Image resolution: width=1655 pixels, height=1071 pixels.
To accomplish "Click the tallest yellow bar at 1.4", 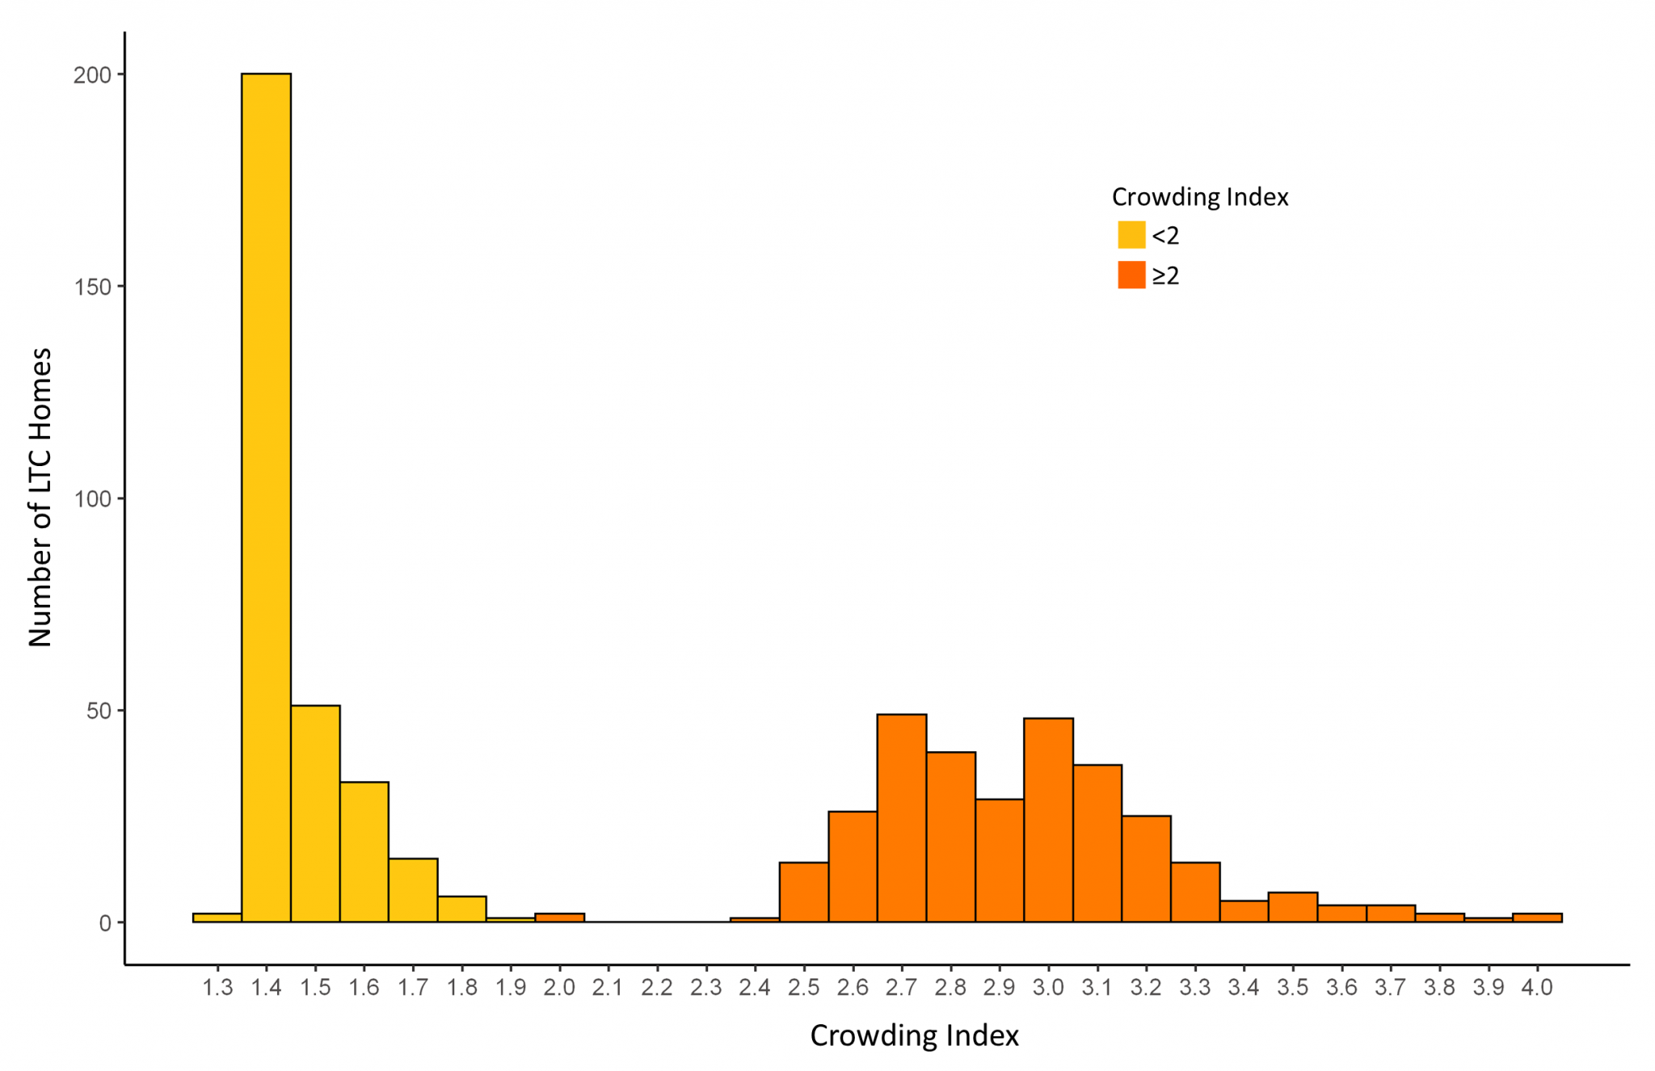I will pos(266,498).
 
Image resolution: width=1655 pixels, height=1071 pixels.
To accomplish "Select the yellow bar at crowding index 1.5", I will pos(315,814).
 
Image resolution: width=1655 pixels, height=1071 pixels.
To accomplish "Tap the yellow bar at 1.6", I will pos(364,852).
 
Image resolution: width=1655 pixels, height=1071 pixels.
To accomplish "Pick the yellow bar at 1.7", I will pos(413,890).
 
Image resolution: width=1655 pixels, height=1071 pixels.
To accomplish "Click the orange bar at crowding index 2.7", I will pos(902,818).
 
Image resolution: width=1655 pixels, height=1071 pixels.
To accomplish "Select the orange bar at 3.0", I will pos(1048,820).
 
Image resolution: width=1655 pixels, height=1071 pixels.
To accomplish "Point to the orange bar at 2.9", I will pos(1000,860).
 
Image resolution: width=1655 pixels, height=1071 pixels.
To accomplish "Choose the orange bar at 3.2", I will pos(1146,869).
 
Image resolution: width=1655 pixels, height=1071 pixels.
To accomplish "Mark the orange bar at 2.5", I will pos(803,892).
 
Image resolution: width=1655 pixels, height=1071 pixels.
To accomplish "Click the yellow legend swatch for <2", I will pos(1131,235).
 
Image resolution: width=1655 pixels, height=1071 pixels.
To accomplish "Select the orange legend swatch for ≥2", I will pos(1131,275).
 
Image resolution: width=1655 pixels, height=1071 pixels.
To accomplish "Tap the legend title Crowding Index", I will pos(1200,197).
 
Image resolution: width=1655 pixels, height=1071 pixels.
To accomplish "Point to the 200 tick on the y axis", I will pos(92,75).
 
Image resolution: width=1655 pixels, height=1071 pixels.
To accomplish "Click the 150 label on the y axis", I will pos(92,287).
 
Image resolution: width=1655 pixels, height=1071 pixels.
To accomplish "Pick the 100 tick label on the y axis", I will pos(92,499).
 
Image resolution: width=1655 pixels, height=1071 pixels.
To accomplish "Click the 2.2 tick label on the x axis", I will pos(657,988).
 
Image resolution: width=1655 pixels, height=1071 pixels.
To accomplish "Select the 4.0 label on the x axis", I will pos(1537,988).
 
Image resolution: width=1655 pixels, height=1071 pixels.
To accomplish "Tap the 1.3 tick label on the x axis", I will pos(217,988).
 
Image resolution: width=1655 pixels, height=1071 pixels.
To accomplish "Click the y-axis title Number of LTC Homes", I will pos(40,498).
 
